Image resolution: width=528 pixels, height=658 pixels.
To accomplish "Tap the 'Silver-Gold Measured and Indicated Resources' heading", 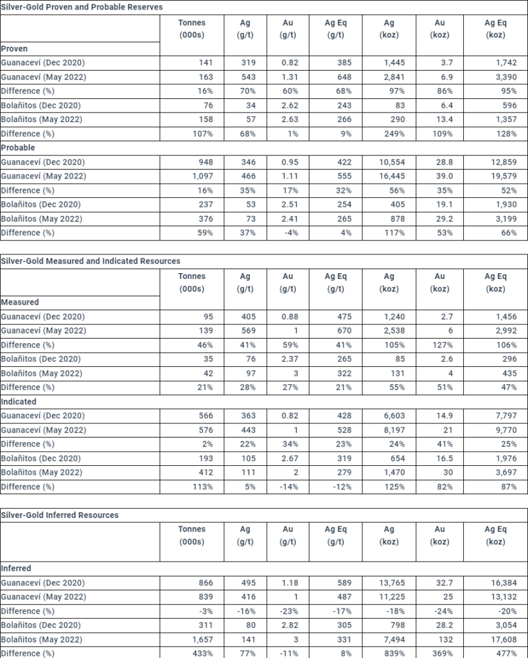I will click(x=91, y=261).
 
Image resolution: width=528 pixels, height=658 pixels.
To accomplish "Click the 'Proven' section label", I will click(x=14, y=48).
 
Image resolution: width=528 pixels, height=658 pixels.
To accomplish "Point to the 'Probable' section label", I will click(x=18, y=148).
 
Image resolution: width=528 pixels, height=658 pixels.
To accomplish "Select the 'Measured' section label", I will click(x=20, y=302).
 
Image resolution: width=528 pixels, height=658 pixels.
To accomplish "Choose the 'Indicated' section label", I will click(x=19, y=402).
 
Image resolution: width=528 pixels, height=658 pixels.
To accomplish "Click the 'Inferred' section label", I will click(x=16, y=569).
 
